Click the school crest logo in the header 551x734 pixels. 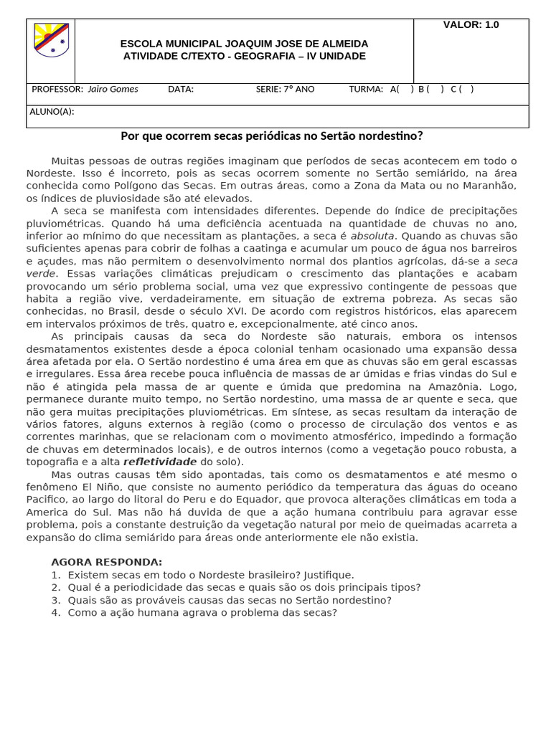click(51, 40)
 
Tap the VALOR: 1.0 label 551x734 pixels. click(471, 25)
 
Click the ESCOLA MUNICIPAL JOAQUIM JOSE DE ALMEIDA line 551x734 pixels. click(244, 44)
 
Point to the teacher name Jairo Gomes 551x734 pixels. click(113, 90)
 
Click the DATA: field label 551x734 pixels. click(181, 90)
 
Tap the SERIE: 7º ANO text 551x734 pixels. click(285, 90)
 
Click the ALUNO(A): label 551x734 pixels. click(52, 112)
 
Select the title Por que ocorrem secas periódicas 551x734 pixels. click(271, 135)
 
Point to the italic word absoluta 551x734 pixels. click(372, 236)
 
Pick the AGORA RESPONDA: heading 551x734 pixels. click(107, 562)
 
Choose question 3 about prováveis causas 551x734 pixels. click(230, 600)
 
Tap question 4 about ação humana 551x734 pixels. click(202, 613)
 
